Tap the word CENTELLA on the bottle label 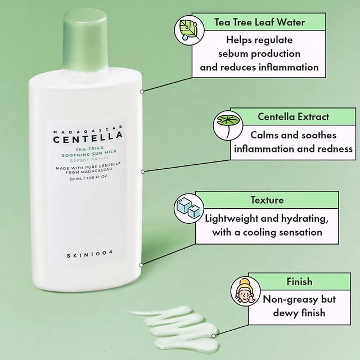point(88,137)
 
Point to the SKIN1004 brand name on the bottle point(90,254)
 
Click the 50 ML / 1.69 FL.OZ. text point(89,178)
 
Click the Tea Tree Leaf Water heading point(259,22)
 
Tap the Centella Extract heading point(293,116)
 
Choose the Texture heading point(267,200)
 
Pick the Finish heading point(299,281)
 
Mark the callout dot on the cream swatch point(214,336)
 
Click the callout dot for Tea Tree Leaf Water point(142,92)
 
